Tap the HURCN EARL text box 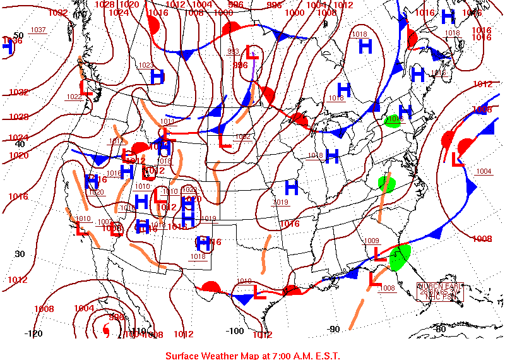pos(441,292)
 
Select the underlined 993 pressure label pos(234,52)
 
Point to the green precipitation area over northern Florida pos(400,258)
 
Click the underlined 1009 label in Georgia pos(372,241)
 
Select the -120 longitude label pos(33,333)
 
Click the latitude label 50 pos(19,35)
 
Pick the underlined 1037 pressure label pos(38,30)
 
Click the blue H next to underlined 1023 pos(157,76)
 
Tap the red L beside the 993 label pos(252,52)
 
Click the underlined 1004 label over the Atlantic pos(484,171)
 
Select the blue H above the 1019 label pos(291,187)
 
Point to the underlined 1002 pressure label pos(242,136)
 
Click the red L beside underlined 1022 pos(86,88)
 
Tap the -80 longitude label pos(440,328)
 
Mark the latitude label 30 pos(20,254)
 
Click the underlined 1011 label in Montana pos(167,121)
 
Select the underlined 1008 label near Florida pos(387,288)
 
